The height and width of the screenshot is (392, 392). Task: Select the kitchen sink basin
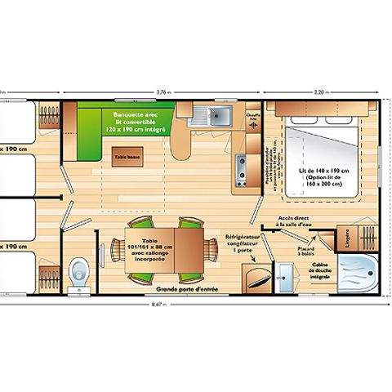[x=217, y=117]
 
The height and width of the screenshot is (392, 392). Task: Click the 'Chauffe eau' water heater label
[x=253, y=117]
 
